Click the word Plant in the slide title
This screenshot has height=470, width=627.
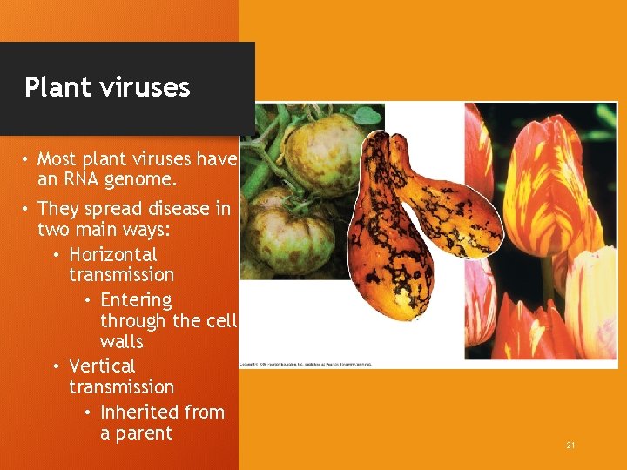(x=57, y=87)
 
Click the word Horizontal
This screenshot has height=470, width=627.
(x=113, y=255)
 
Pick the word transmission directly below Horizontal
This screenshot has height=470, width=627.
(x=121, y=275)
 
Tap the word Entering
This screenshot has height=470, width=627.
(x=136, y=300)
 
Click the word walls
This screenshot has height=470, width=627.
(x=121, y=342)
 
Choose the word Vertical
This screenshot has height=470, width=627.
(x=102, y=366)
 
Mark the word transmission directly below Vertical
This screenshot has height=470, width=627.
(x=121, y=386)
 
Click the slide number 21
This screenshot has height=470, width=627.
(x=570, y=446)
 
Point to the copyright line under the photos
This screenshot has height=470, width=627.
(x=306, y=364)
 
